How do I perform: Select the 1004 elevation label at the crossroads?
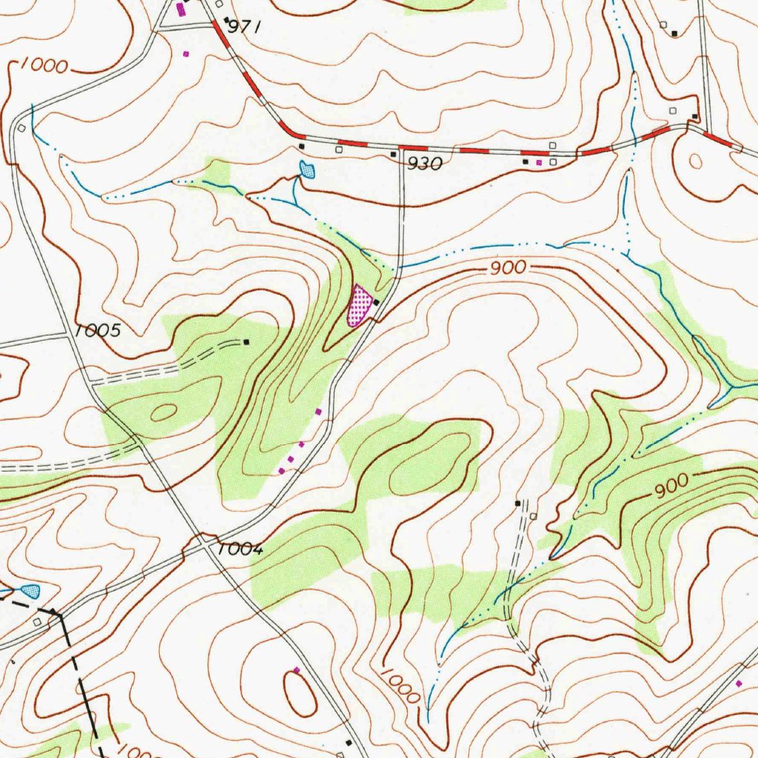click(x=241, y=549)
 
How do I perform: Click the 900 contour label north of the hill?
click(x=508, y=269)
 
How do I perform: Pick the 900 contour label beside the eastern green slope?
click(x=671, y=485)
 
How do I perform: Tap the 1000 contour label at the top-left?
click(x=44, y=66)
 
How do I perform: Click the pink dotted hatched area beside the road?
click(x=360, y=306)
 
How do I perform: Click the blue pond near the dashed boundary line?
click(x=30, y=591)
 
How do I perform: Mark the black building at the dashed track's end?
click(x=246, y=342)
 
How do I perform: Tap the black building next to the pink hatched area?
click(x=377, y=303)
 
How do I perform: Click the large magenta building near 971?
click(x=181, y=9)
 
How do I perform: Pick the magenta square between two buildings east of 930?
click(x=539, y=161)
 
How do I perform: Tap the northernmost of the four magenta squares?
click(x=318, y=411)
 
